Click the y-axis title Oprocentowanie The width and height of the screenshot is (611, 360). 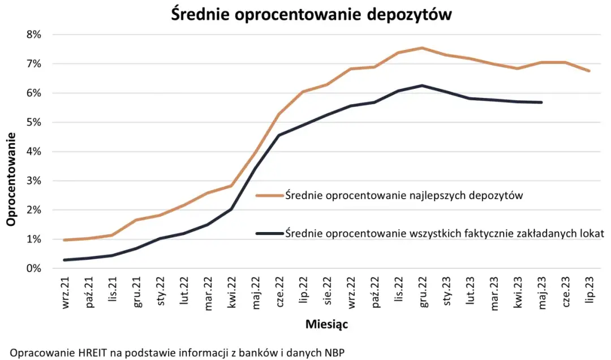pos(11,179)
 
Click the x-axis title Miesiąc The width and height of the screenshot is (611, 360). pos(326,325)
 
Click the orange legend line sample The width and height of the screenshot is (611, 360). pos(270,196)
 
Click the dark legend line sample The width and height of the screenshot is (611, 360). pos(270,233)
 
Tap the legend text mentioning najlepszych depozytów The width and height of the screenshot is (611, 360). pos(403,196)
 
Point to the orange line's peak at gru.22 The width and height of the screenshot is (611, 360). pos(421,48)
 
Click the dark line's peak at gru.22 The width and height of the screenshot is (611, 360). pos(421,85)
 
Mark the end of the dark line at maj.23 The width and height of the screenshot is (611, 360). pos(541,102)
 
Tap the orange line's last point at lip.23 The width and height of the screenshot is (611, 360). pos(590,71)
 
